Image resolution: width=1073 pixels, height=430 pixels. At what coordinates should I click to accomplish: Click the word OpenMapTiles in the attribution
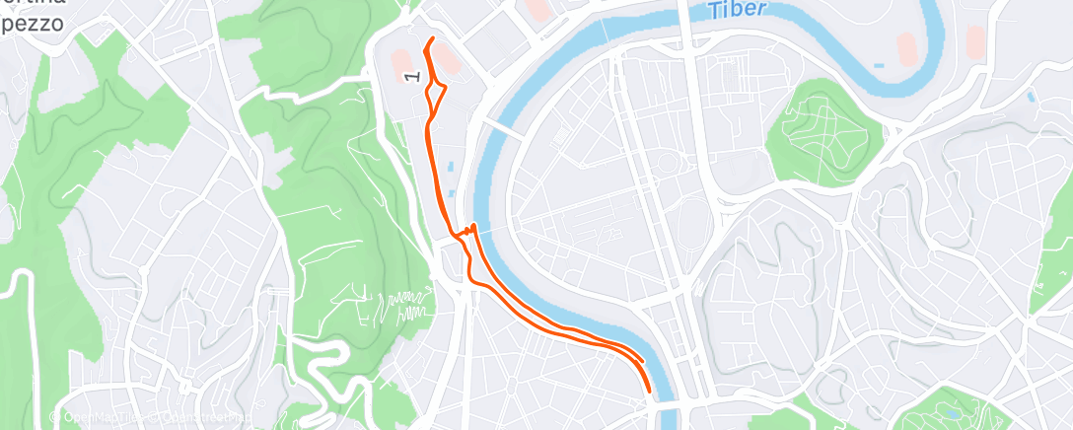pos(103,418)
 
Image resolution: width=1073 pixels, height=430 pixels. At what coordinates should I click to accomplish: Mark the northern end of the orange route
pos(433,38)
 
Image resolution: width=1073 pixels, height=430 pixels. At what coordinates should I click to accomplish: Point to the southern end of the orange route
pos(649,391)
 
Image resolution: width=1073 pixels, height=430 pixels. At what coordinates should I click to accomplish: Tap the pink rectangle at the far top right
pos(974,41)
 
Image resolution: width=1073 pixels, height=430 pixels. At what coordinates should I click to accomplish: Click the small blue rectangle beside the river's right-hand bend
pos(879,65)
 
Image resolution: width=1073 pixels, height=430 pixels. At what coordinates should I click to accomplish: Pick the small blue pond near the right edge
pos(1031,98)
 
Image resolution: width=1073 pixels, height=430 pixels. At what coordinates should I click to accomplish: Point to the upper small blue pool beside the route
pos(451,169)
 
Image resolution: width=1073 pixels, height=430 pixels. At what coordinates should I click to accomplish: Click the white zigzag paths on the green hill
pos(404,306)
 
